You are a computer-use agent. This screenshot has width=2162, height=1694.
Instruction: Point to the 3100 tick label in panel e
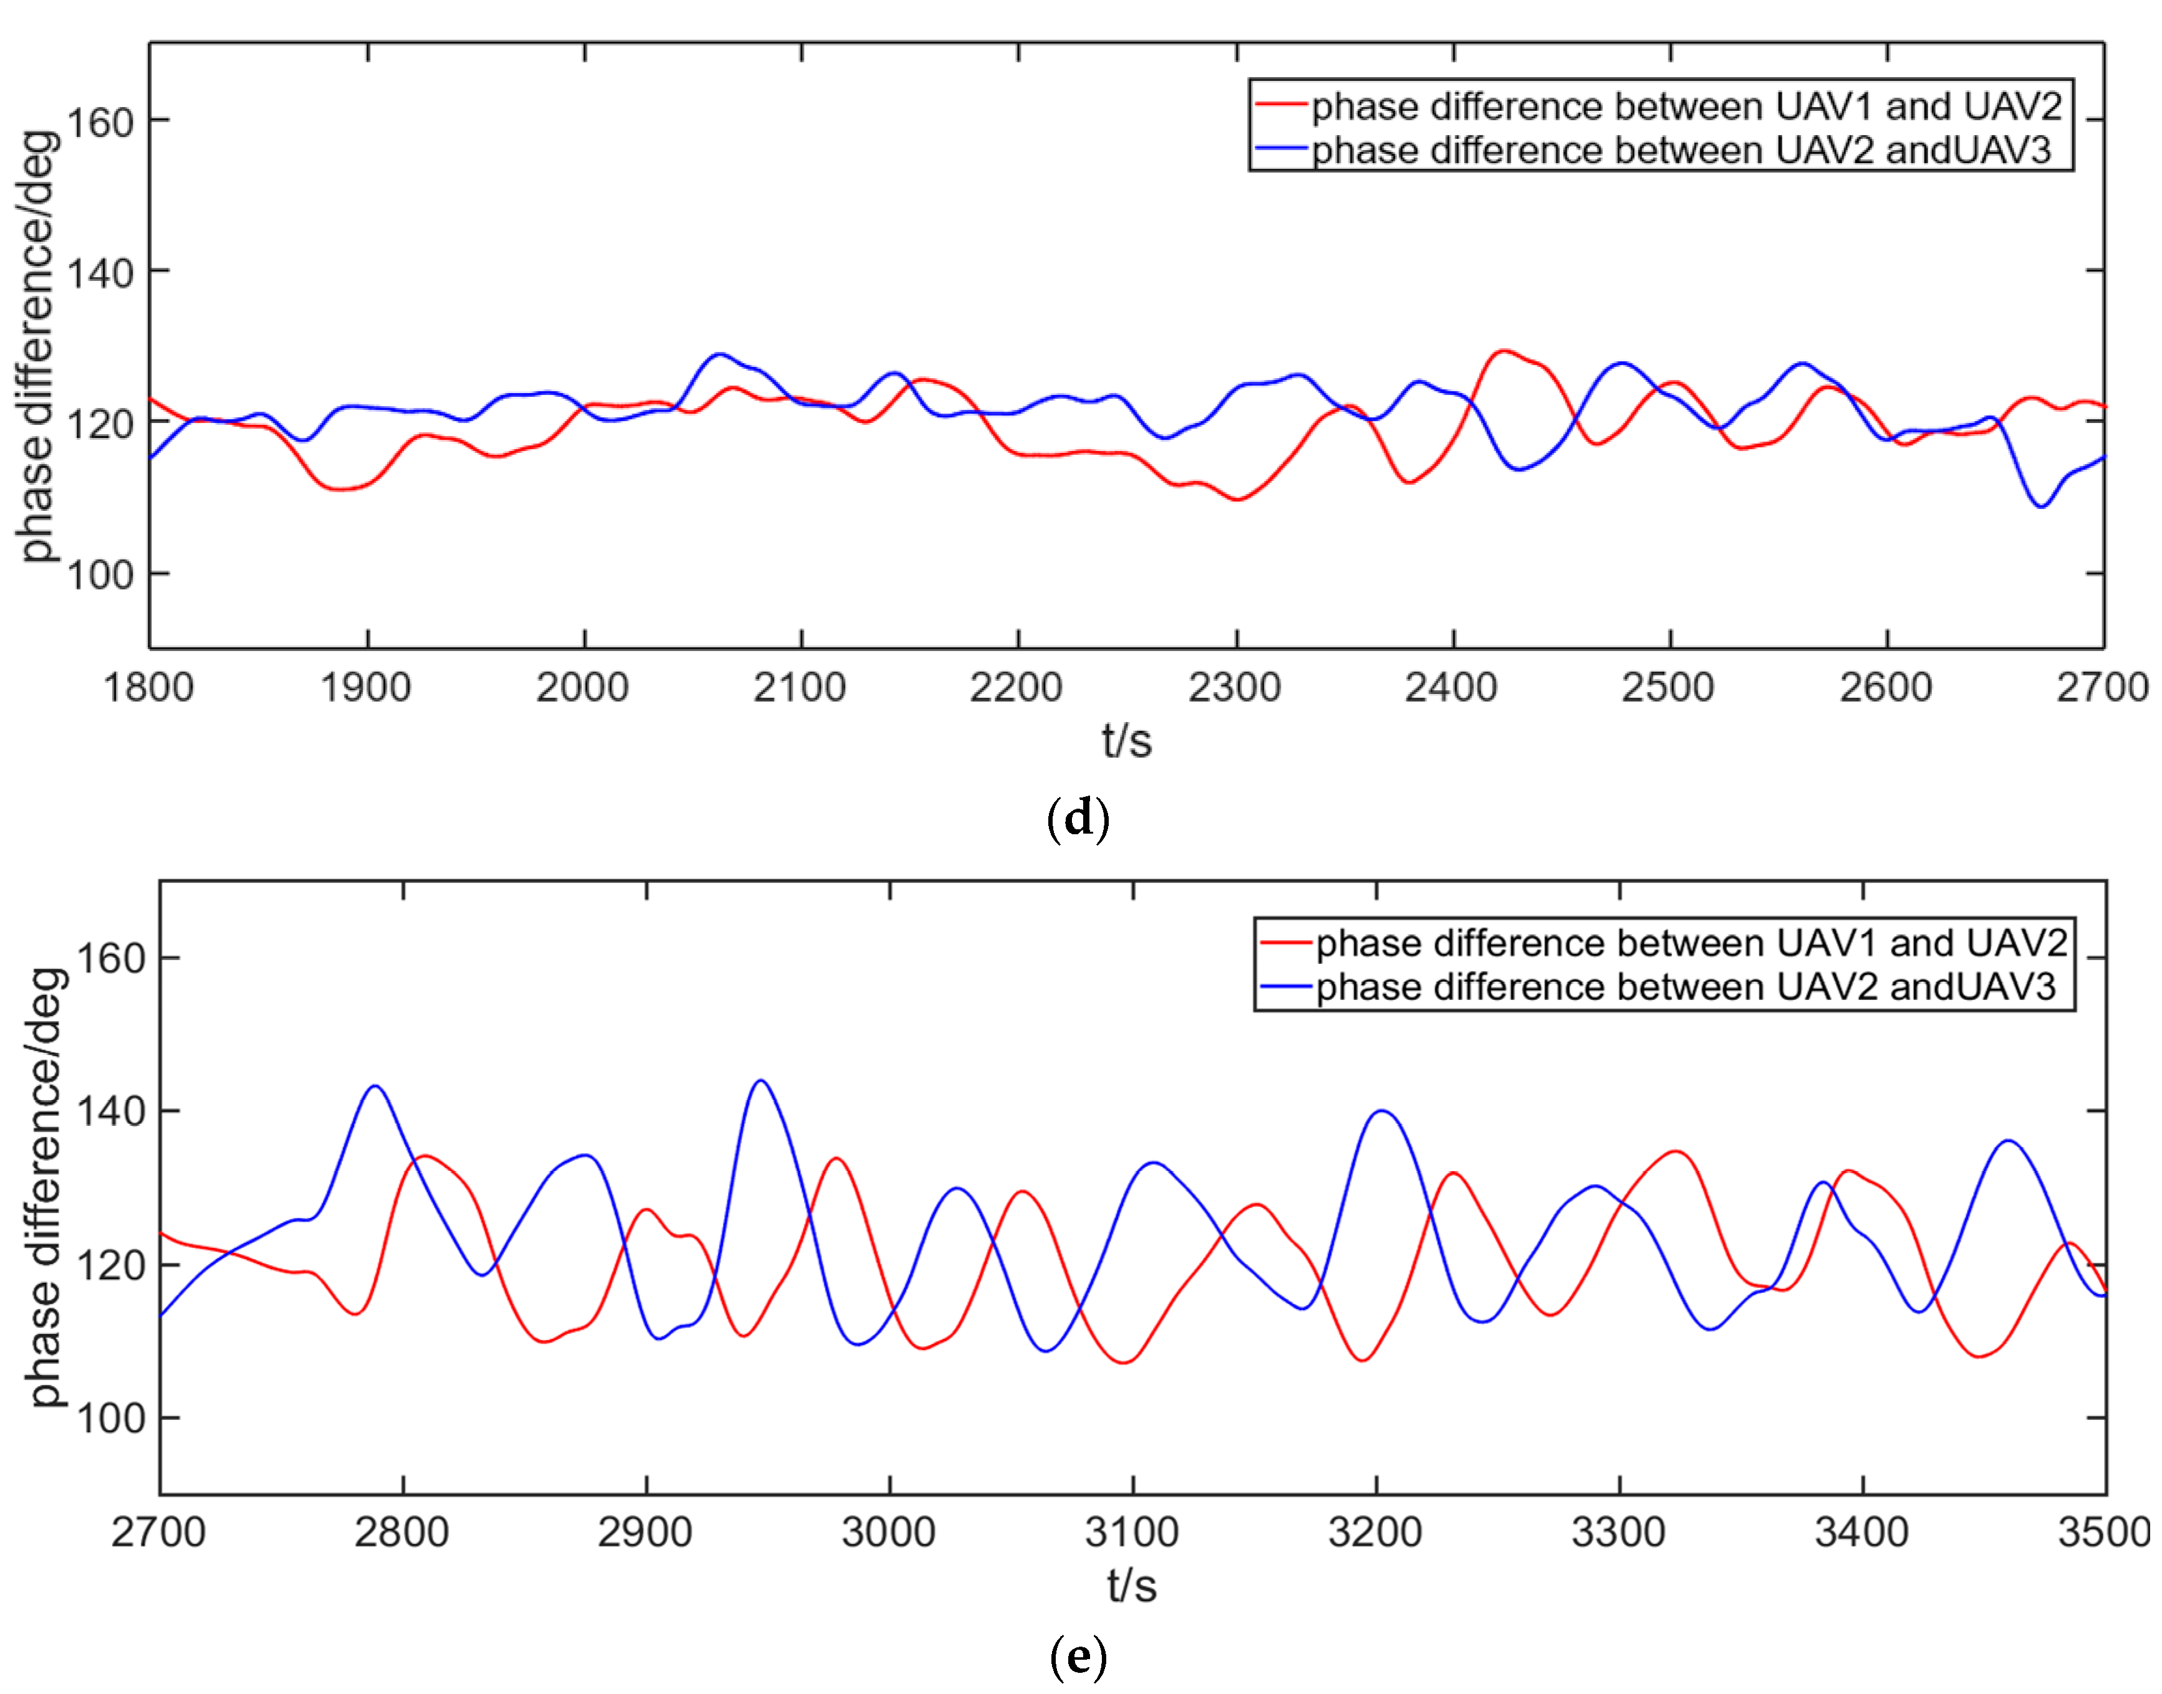click(x=1132, y=1533)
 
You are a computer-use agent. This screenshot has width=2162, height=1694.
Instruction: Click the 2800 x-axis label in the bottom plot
click(x=402, y=1533)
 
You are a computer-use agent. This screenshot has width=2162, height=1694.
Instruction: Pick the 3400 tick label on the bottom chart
click(x=1862, y=1533)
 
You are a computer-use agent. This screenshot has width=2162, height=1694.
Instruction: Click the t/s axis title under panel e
click(x=1132, y=1586)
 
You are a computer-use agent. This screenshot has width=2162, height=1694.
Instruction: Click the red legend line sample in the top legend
click(x=1281, y=104)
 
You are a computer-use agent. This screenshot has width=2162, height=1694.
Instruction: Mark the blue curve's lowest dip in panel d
click(x=2042, y=507)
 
